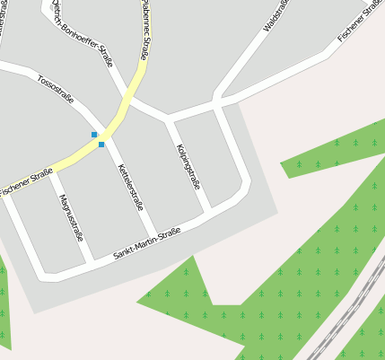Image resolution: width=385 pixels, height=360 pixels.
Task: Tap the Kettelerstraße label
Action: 131,186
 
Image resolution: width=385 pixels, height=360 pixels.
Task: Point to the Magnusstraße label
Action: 71,218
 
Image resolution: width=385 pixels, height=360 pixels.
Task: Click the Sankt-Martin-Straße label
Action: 147,244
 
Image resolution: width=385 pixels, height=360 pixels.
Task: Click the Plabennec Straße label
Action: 145,32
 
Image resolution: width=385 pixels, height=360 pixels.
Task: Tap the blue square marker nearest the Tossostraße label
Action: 94,135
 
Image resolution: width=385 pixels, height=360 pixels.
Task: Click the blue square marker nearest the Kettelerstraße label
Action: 101,145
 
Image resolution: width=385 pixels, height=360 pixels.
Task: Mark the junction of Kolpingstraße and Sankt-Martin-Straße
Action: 208,213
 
